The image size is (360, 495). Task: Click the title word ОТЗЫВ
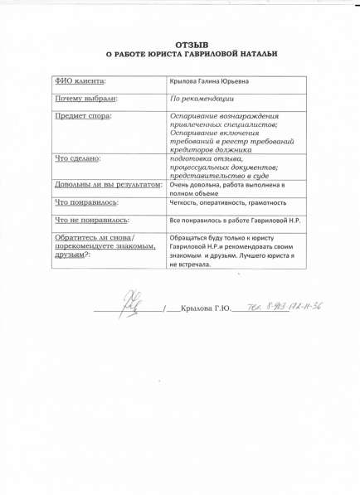[x=192, y=42]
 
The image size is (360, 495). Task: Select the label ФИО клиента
[x=81, y=81]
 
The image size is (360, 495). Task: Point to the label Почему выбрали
[x=85, y=98]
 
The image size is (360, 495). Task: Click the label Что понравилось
[x=86, y=201]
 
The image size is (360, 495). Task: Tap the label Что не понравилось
[x=91, y=220]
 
